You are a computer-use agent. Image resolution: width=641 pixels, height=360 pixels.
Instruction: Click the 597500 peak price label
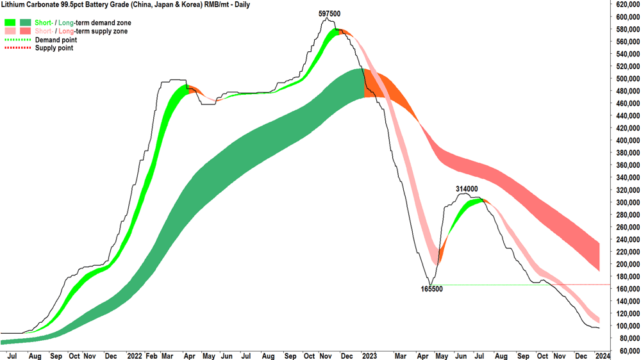[x=329, y=13]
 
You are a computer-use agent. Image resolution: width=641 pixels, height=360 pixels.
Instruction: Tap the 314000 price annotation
[x=467, y=189]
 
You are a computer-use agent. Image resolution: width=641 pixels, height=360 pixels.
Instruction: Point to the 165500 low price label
[x=431, y=289]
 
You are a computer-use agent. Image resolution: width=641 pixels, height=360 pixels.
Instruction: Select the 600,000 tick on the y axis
[x=628, y=17]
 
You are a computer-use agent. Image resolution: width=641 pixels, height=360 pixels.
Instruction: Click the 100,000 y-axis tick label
[x=628, y=326]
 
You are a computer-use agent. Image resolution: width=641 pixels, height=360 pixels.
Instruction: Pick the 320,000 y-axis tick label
[x=628, y=190]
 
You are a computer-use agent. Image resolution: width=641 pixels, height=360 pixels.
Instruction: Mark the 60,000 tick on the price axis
[x=629, y=351]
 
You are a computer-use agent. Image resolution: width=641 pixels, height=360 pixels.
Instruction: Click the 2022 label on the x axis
[x=135, y=356]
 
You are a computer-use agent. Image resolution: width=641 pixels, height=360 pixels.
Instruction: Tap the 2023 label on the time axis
[x=369, y=356]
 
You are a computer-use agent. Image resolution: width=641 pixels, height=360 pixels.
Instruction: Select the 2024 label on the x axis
[x=603, y=356]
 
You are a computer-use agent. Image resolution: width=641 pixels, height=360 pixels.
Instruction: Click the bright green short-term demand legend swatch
[x=10, y=22]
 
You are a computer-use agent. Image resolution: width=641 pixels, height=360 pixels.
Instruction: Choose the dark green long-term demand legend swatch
[x=26, y=22]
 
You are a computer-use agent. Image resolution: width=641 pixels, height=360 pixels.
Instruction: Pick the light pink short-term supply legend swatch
[x=10, y=31]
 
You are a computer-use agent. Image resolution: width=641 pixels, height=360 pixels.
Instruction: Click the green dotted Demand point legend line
[x=17, y=40]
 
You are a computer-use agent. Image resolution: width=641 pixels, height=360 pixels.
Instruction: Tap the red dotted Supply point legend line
[x=17, y=48]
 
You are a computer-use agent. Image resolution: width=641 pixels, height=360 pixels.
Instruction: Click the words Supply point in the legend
[x=54, y=48]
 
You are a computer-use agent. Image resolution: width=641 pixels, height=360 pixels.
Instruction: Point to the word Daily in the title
[x=242, y=4]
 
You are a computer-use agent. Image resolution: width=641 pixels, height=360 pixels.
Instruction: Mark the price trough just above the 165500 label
[x=431, y=284]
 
